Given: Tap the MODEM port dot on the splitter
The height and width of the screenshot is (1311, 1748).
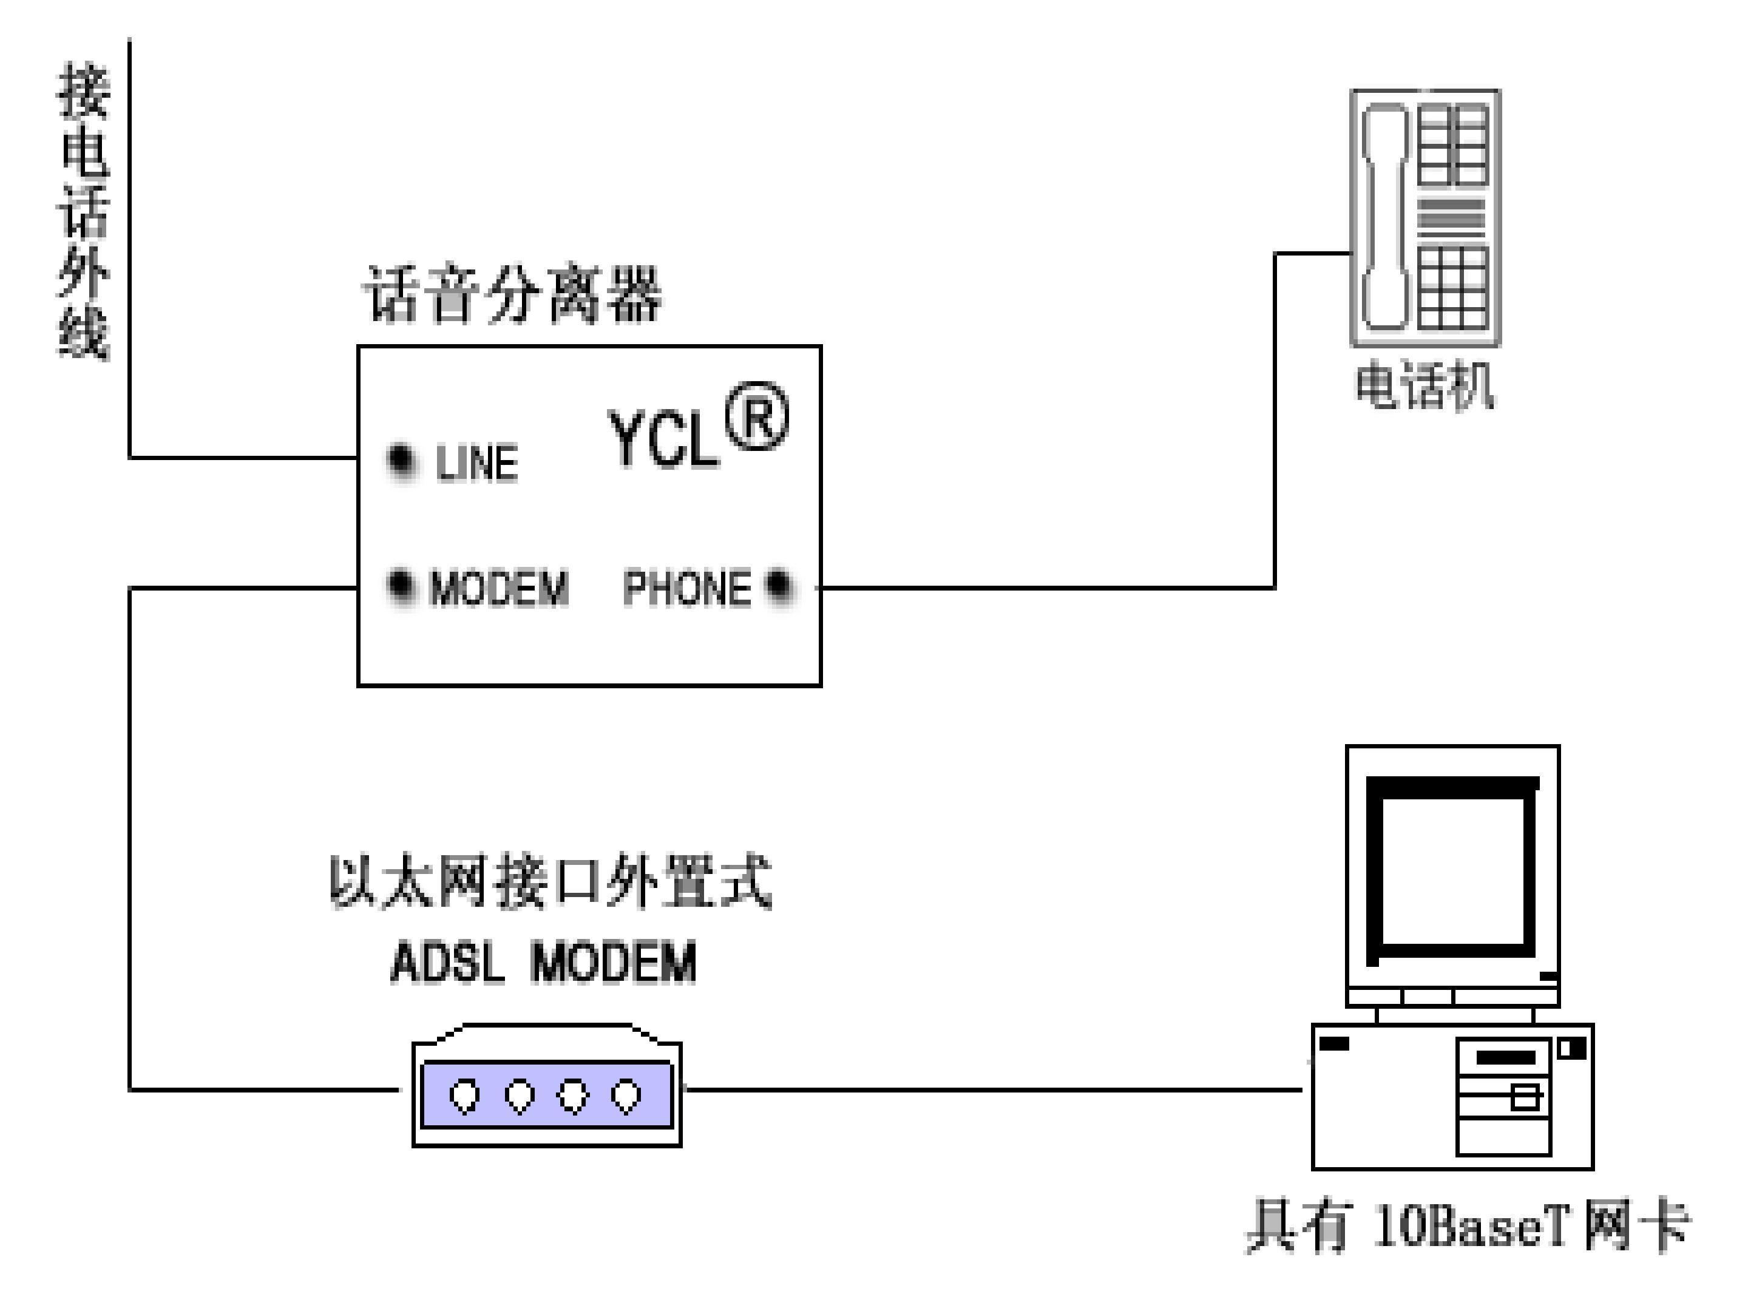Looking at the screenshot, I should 401,586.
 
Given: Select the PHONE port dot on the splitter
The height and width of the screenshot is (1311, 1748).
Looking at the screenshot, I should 779,586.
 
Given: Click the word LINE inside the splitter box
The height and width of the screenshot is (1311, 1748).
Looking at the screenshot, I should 477,463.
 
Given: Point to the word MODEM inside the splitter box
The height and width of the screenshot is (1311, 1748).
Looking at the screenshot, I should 499,588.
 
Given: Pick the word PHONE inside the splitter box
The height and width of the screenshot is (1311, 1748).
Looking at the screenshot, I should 686,588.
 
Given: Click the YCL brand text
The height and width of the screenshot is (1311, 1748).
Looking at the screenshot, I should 662,439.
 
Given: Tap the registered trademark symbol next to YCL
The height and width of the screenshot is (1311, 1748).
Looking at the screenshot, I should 756,416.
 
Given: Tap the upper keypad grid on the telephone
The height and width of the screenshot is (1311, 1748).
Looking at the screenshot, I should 1452,147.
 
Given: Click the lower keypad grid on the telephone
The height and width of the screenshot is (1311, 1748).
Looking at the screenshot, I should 1452,288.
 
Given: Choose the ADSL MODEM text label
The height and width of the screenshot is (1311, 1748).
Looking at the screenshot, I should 544,963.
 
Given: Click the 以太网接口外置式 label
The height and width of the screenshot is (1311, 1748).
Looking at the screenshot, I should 550,882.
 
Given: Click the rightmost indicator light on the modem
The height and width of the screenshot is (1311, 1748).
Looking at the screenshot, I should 626,1096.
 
